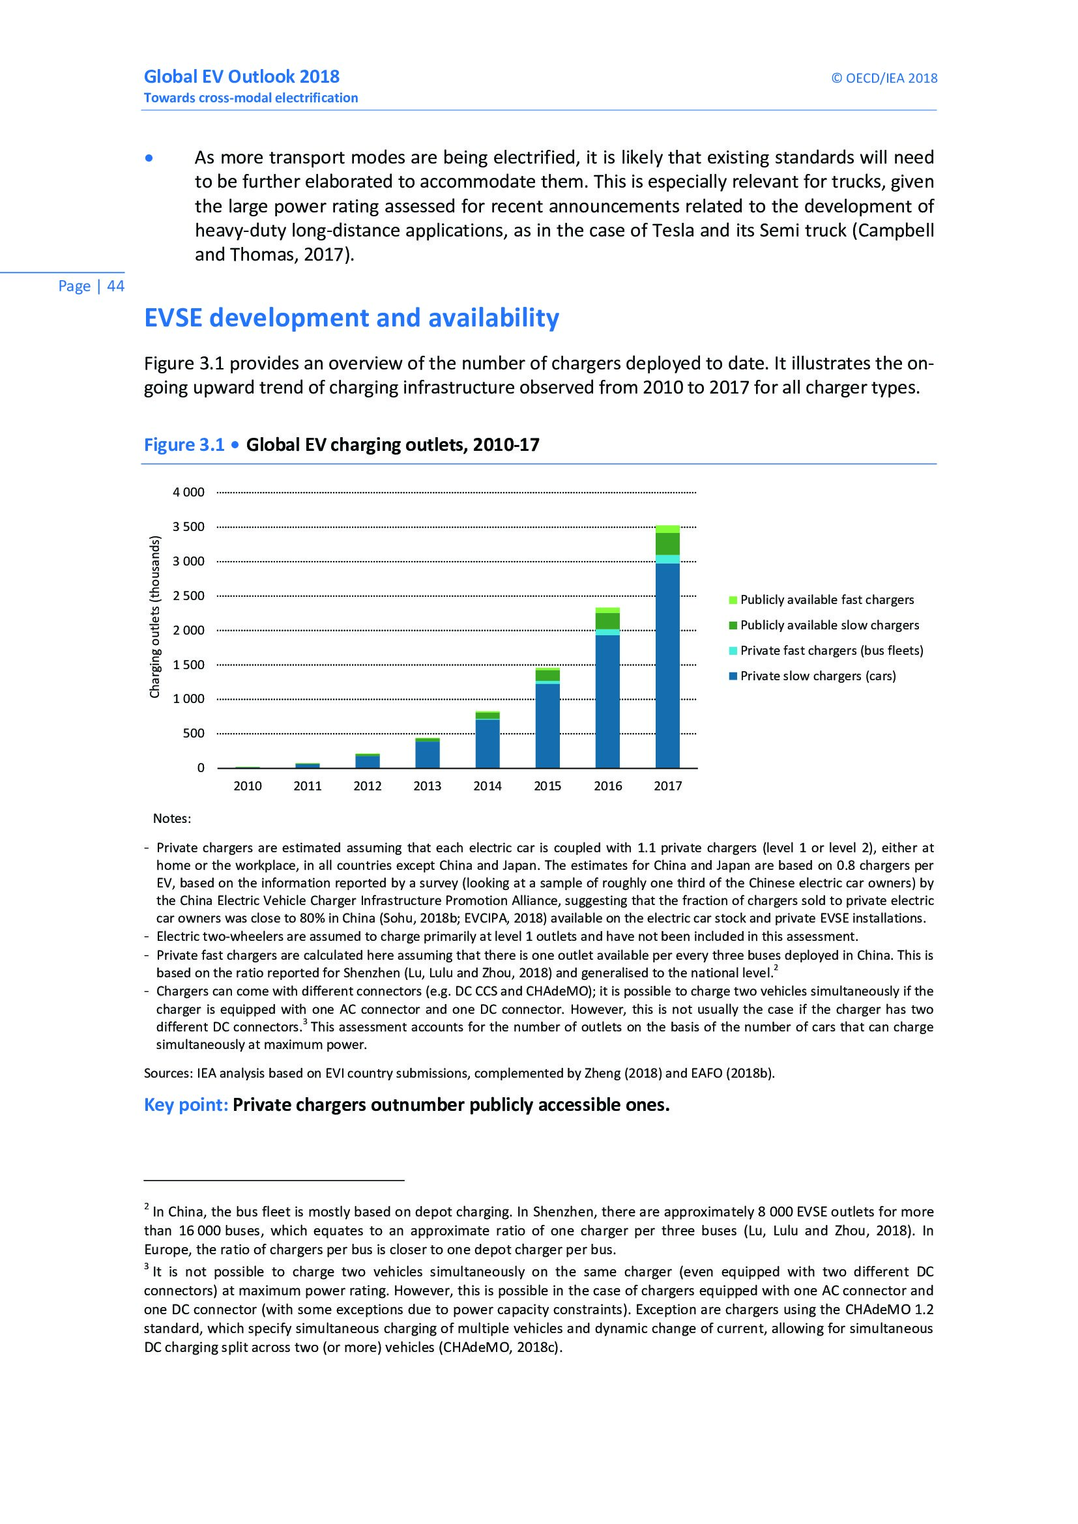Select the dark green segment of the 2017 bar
pyautogui.click(x=667, y=543)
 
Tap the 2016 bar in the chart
pyautogui.click(x=607, y=697)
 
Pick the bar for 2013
pyautogui.click(x=428, y=753)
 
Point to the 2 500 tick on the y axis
pyautogui.click(x=189, y=596)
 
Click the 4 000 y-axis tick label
pyautogui.click(x=189, y=492)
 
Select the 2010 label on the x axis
pyautogui.click(x=248, y=786)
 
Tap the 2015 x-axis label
pyautogui.click(x=547, y=786)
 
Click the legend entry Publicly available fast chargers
pyautogui.click(x=826, y=599)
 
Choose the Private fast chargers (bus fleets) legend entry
pyautogui.click(x=831, y=650)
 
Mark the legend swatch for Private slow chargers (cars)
pyautogui.click(x=733, y=676)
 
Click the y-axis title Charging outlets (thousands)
pyautogui.click(x=154, y=616)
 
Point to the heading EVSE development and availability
pyautogui.click(x=351, y=318)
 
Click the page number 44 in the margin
pyautogui.click(x=115, y=286)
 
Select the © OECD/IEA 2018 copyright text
pyautogui.click(x=884, y=78)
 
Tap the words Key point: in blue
pyautogui.click(x=186, y=1104)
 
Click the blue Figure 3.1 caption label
pyautogui.click(x=184, y=445)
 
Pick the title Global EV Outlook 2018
pyautogui.click(x=242, y=77)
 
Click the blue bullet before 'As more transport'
pyautogui.click(x=149, y=158)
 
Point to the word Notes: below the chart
pyautogui.click(x=172, y=818)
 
